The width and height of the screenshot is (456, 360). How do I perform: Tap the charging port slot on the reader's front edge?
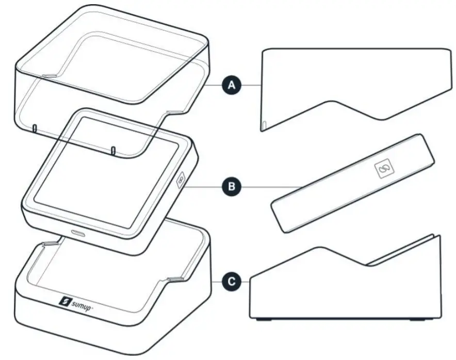pos(79,233)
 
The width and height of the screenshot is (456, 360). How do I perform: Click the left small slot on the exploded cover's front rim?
pos(34,127)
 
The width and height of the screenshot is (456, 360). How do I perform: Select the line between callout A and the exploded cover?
pos(216,84)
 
